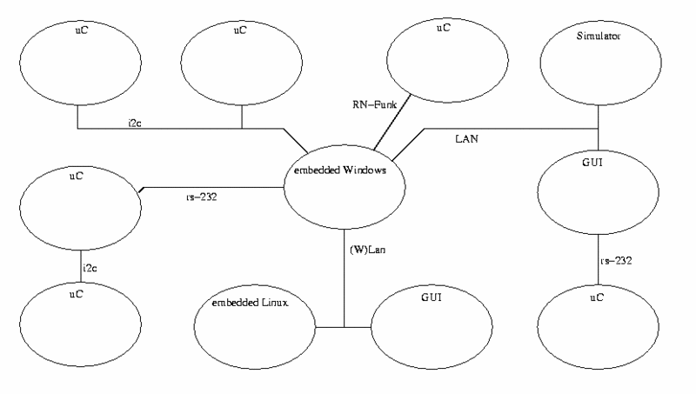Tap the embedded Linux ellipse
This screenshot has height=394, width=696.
[253, 327]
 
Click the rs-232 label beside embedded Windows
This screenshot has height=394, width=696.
[199, 197]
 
